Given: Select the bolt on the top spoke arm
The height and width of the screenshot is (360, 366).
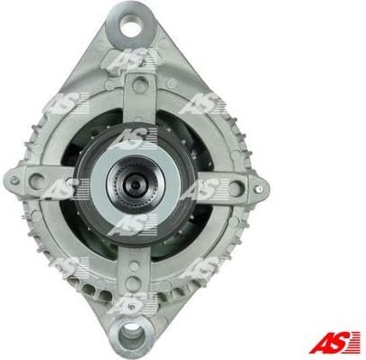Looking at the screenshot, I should [x=139, y=86].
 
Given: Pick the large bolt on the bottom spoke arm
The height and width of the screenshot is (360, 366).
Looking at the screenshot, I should [x=138, y=274].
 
